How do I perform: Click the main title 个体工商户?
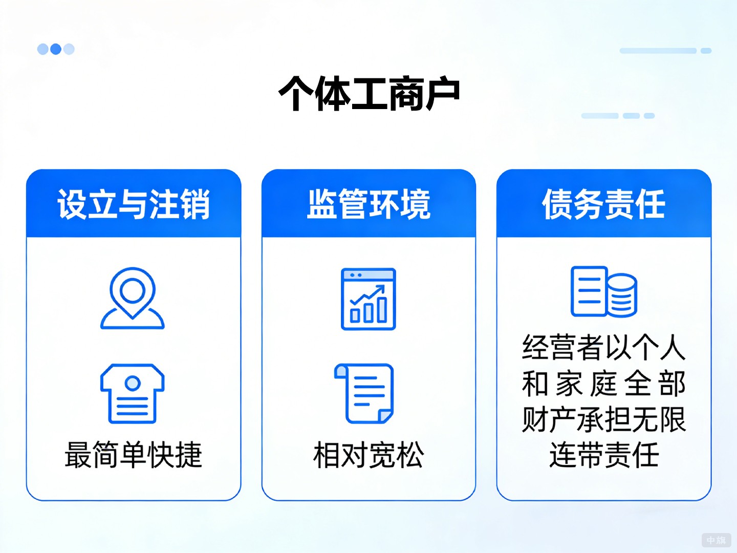[368, 94]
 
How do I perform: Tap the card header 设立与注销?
[134, 204]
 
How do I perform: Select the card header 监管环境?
[368, 204]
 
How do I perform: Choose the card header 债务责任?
[604, 204]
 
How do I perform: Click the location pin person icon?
[133, 297]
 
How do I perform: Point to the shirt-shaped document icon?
[133, 393]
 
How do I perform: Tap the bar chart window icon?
[368, 299]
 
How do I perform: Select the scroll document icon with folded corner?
[364, 393]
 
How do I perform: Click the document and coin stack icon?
[604, 291]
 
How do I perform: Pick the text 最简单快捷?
[134, 455]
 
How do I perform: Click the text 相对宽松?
[368, 455]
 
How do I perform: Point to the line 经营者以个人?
[604, 347]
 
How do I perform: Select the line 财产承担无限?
[604, 419]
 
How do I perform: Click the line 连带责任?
[604, 455]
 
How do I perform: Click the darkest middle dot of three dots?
[56, 49]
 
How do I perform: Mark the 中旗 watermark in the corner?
[716, 540]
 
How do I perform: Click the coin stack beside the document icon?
[622, 295]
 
